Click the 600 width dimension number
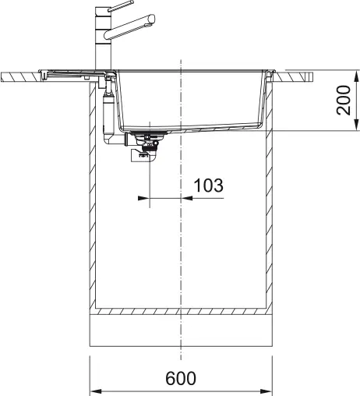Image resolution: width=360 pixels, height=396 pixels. click(181, 378)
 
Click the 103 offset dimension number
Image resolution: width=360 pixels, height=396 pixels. click(209, 186)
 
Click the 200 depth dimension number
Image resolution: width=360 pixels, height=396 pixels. click(344, 100)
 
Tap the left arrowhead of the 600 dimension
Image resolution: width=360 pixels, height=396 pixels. click(95, 391)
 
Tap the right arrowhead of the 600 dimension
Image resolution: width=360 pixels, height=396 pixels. click(266, 391)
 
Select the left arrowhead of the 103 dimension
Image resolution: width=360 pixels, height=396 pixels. click(143, 198)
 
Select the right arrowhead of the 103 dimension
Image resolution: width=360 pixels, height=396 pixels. click(187, 198)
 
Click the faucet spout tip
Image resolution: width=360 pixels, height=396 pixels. click(152, 19)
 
